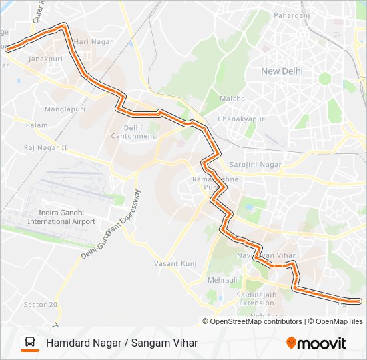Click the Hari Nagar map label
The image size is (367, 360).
(95, 41)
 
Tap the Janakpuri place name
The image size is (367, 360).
(45, 58)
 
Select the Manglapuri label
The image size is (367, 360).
(65, 109)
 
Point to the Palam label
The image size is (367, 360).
(37, 125)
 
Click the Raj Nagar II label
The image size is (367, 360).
(45, 147)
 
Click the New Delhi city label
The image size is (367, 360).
(282, 71)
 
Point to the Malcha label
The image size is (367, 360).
(232, 99)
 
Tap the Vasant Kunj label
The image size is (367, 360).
(175, 263)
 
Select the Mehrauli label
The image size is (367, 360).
(222, 280)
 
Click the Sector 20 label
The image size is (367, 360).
(41, 304)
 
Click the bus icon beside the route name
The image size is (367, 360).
(29, 343)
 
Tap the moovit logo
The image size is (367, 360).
(316, 343)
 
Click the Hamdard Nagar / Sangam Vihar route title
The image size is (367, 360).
(121, 343)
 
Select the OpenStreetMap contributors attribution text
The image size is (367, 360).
(256, 321)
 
